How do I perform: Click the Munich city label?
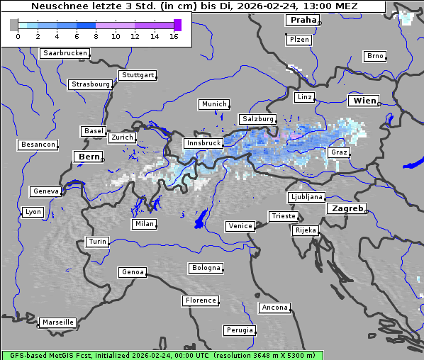click(213, 104)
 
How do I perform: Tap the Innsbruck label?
click(202, 143)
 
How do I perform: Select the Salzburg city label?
click(257, 119)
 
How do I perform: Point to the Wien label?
click(364, 101)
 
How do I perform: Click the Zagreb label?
click(347, 208)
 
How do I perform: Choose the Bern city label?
click(89, 157)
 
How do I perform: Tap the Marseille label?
click(57, 322)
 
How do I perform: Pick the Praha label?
click(302, 20)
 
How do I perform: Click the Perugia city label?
click(239, 330)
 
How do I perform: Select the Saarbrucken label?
click(65, 53)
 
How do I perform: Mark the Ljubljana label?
click(306, 197)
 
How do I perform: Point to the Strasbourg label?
click(90, 84)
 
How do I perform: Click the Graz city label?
click(339, 152)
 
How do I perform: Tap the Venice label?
click(240, 226)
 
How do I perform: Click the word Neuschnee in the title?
click(59, 6)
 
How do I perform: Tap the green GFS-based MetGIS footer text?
click(162, 355)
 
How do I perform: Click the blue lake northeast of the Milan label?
click(201, 219)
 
